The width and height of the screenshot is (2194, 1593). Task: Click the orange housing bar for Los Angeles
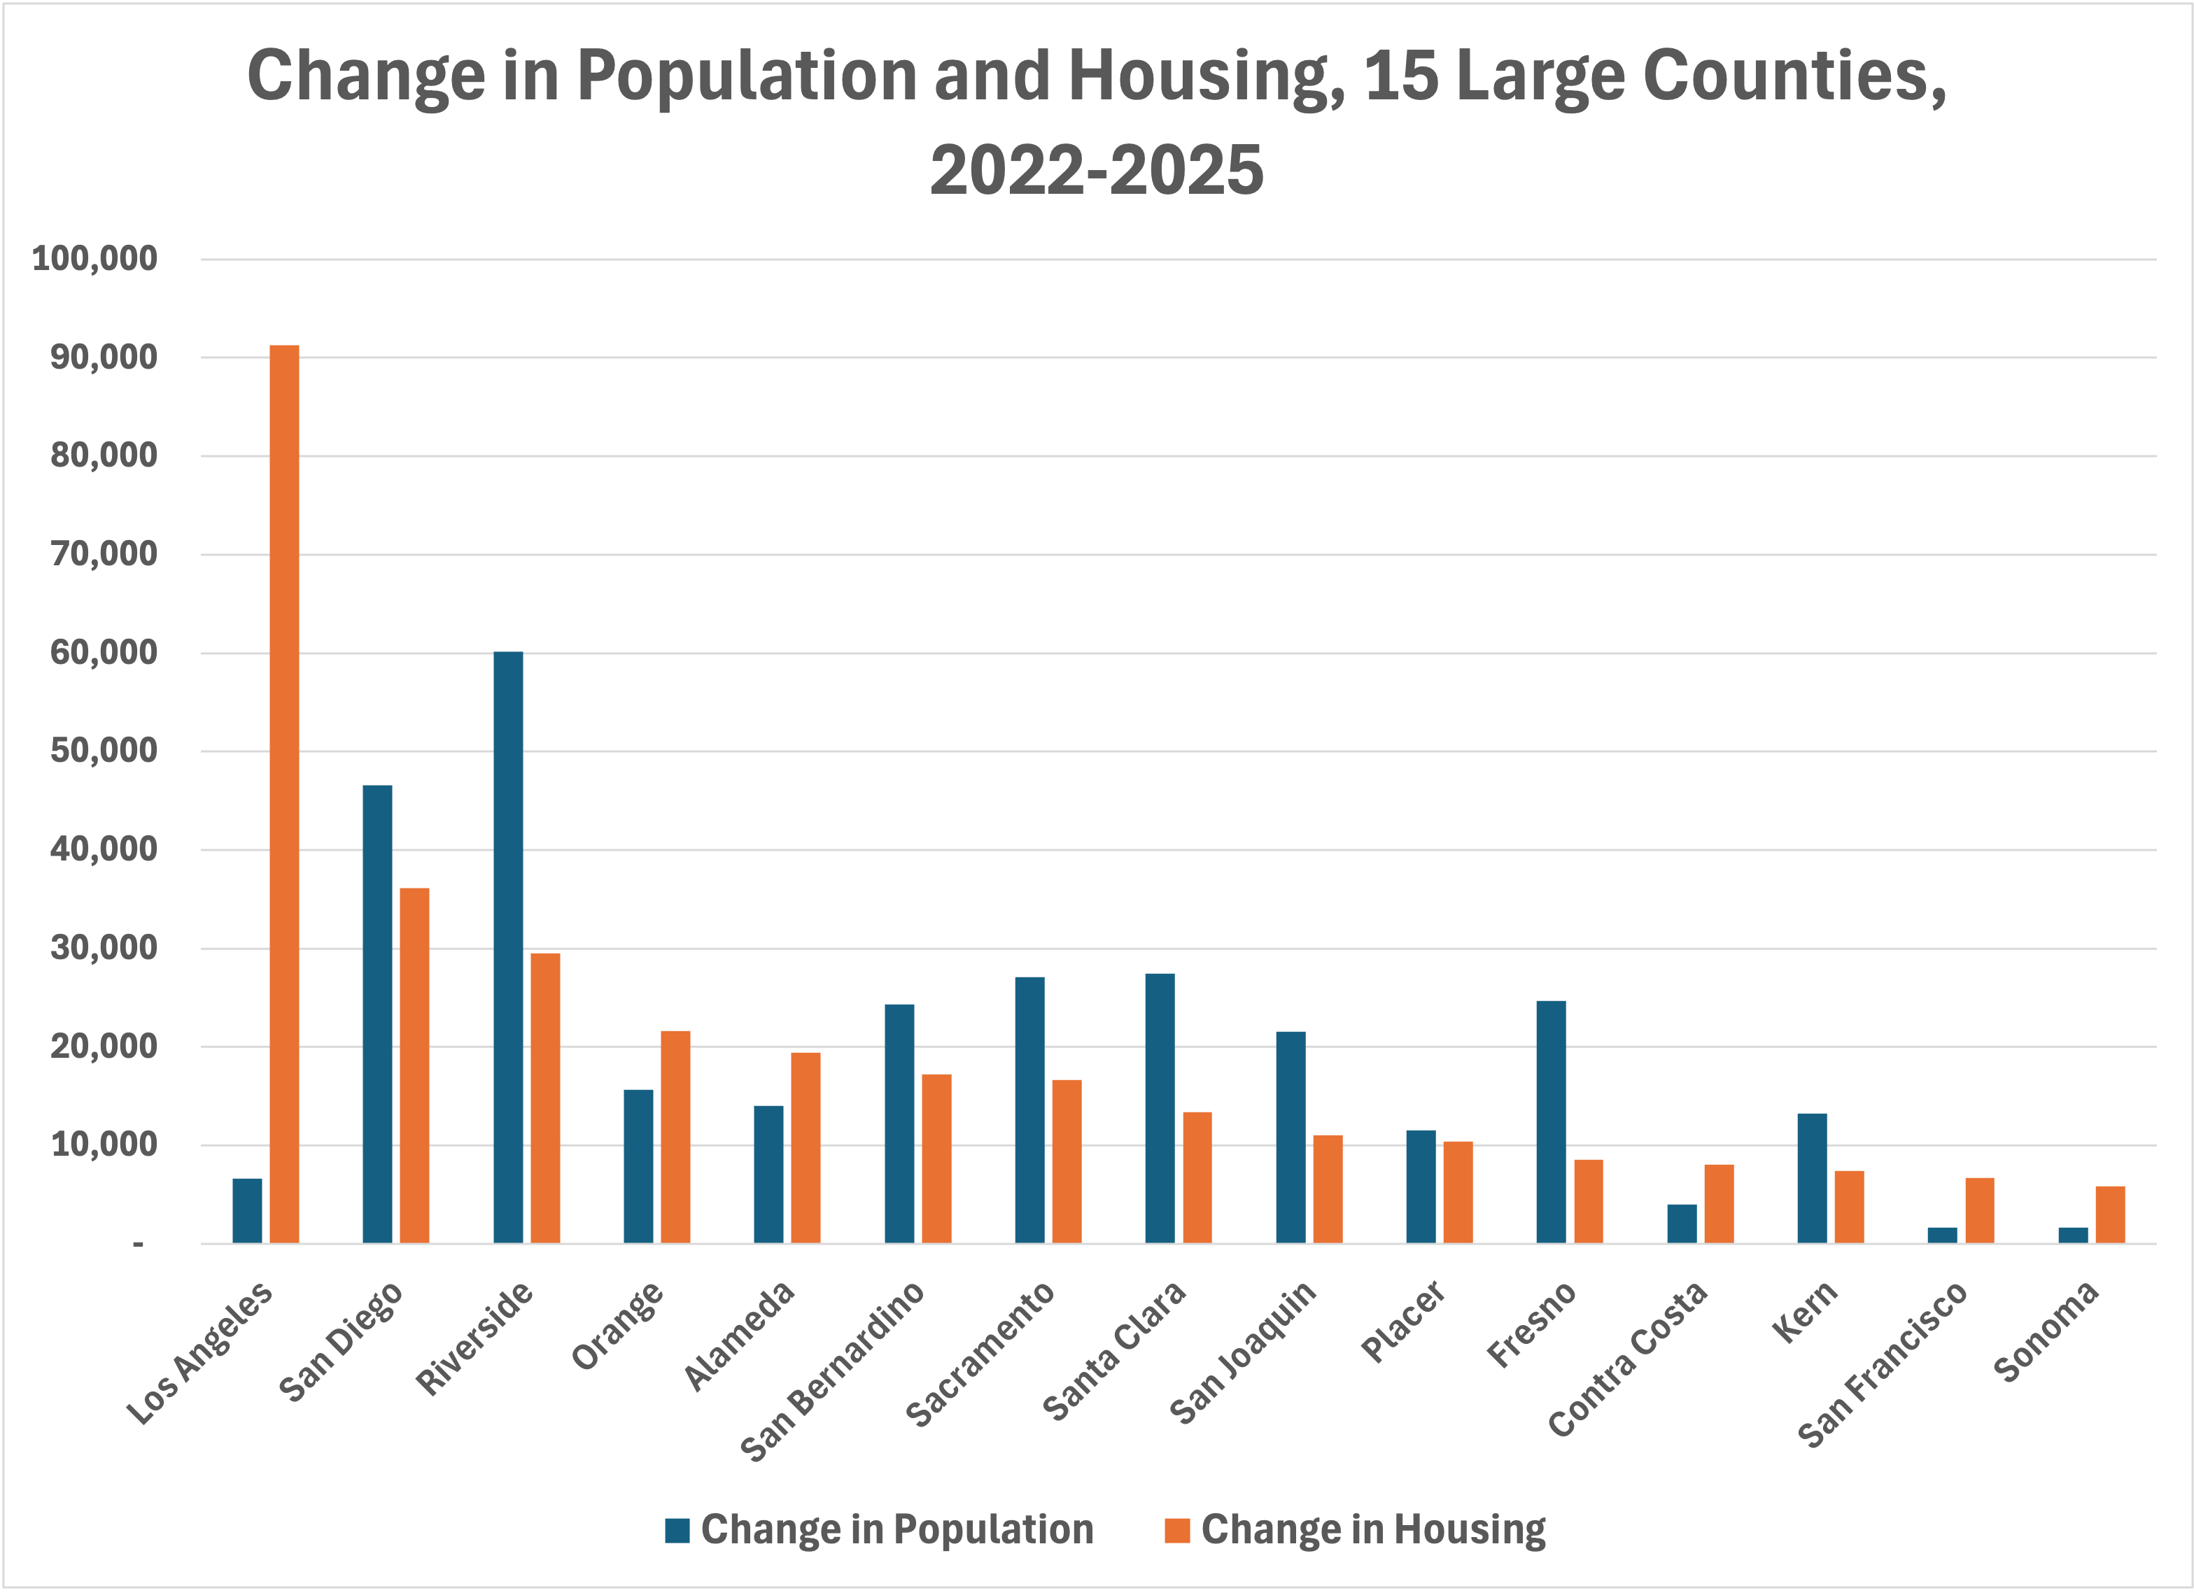pos(284,793)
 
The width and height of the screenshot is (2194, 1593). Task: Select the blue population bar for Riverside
pos(508,948)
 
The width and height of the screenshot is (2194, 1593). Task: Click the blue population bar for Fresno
pos(1551,1122)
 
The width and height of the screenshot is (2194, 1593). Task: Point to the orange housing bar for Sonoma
pos(2110,1215)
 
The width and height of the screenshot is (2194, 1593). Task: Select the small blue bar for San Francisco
pos(1943,1235)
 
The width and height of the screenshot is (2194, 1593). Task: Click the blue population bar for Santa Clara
pos(1160,1108)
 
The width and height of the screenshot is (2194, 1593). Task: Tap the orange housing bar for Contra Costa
pos(1719,1204)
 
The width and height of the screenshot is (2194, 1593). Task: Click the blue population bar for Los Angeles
pos(246,1211)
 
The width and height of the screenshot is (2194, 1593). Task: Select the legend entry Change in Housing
pos(1354,1529)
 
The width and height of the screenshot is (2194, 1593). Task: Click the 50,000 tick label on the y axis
pos(104,751)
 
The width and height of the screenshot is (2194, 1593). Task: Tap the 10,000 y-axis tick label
pos(104,1145)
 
